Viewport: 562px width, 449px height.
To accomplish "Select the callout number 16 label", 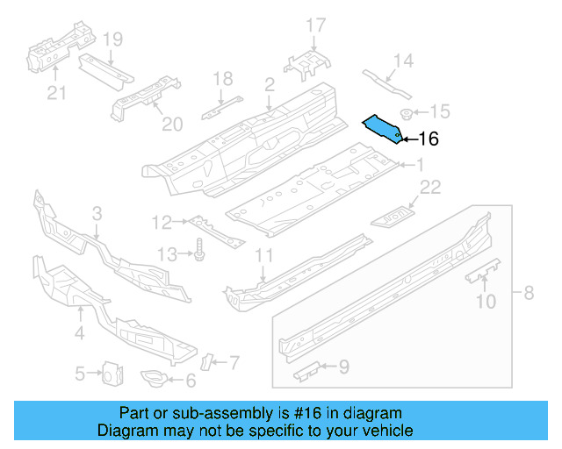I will pos(428,139).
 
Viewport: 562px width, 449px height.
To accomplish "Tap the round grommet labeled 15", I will pos(407,112).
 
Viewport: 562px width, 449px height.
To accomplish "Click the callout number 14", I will pos(402,61).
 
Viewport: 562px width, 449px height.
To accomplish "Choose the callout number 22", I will pos(429,186).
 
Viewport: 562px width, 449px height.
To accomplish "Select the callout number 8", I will pos(528,293).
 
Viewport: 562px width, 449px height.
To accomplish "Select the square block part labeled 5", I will pos(112,374).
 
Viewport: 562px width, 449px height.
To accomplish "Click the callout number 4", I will pos(79,332).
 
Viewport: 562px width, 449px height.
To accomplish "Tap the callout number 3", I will pos(97,213).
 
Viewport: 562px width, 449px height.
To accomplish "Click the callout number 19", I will pos(112,39).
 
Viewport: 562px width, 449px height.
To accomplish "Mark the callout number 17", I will pos(315,25).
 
